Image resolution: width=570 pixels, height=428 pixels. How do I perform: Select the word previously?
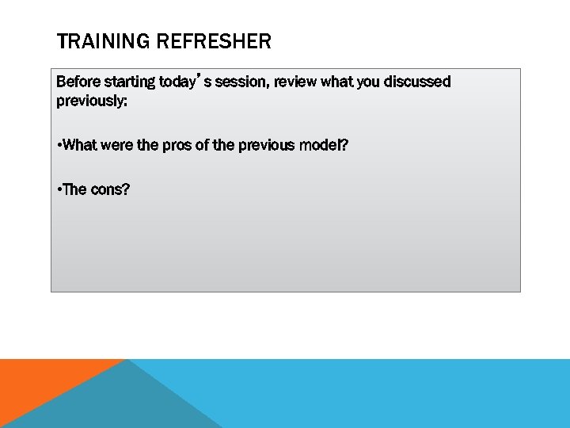point(89,101)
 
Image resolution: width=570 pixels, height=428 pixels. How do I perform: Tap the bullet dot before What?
point(59,146)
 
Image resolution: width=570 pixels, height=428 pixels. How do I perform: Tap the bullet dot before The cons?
point(59,190)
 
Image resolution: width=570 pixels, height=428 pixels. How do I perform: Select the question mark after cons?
point(125,189)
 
